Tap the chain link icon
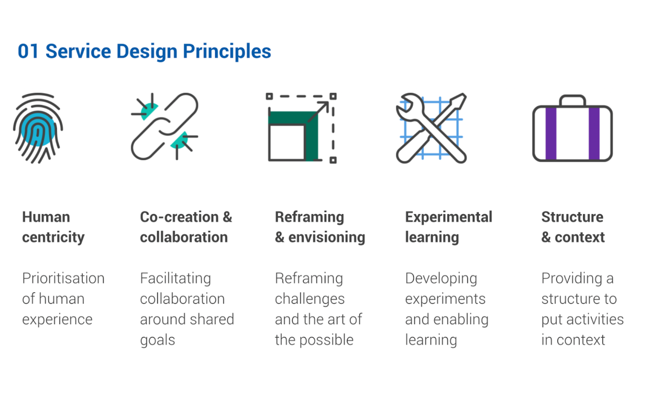164,126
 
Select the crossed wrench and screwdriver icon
431,128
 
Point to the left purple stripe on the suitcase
551,133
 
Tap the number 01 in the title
28,51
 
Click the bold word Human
46,217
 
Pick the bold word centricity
53,237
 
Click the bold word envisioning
327,238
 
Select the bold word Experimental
449,217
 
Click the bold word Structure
572,217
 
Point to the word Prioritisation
63,278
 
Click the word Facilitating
176,278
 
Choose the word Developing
441,278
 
